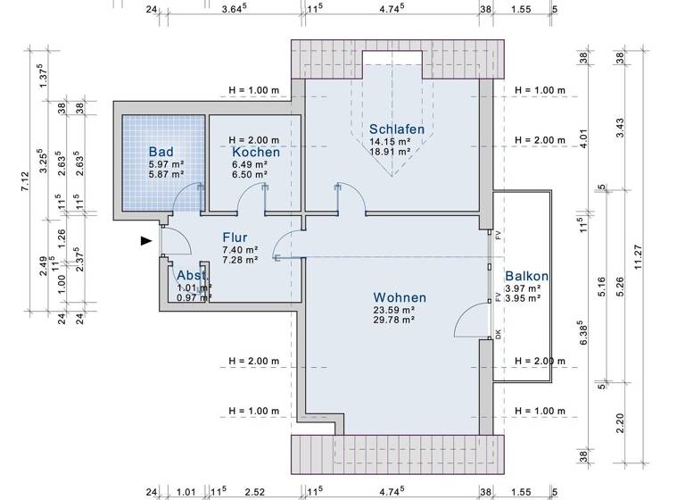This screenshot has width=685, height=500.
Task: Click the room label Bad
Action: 161,153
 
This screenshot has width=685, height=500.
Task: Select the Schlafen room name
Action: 396,129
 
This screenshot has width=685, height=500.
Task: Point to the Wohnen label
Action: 399,297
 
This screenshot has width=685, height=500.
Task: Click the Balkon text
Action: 526,277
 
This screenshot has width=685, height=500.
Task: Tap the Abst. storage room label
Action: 194,275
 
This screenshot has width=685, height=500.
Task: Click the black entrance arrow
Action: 145,240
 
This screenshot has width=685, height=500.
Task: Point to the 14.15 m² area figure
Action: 390,141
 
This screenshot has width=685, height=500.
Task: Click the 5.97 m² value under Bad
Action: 166,164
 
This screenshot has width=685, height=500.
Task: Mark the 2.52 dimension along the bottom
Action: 254,491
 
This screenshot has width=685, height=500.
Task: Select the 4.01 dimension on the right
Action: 584,140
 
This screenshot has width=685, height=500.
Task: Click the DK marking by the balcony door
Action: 499,335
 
